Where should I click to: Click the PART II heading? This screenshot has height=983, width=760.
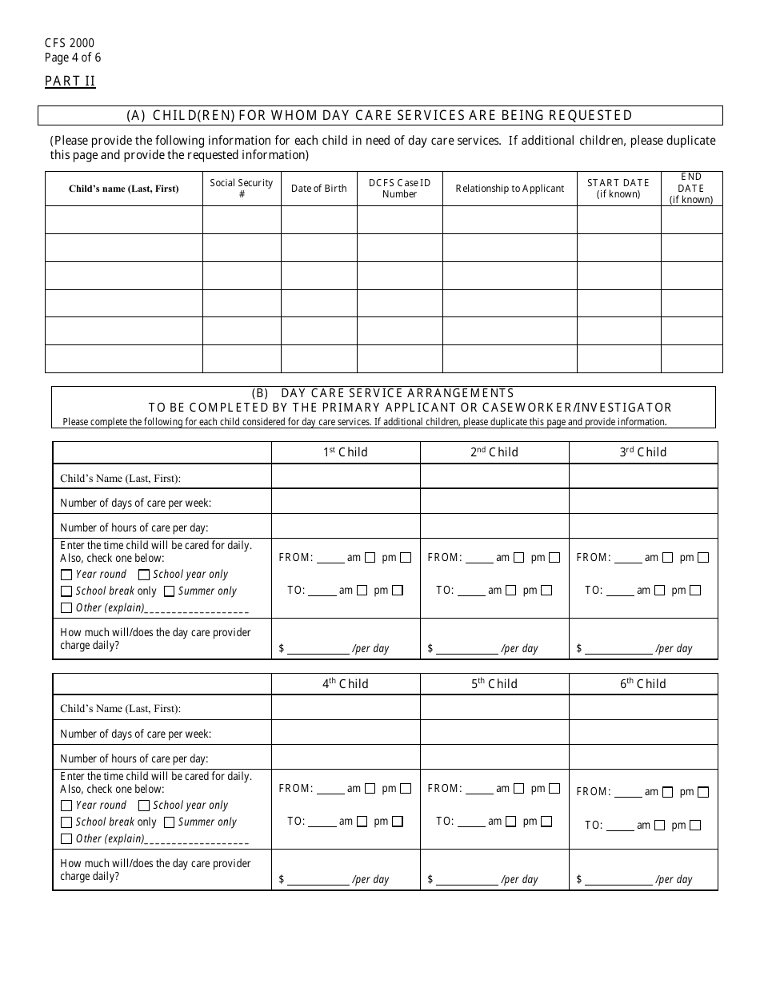(x=70, y=81)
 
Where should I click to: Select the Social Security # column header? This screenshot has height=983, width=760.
(x=242, y=189)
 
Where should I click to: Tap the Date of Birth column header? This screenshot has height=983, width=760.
(x=318, y=189)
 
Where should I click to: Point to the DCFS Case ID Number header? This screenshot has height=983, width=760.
(x=399, y=189)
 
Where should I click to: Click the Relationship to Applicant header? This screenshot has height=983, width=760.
(x=510, y=189)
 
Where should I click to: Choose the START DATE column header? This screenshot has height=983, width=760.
(x=618, y=189)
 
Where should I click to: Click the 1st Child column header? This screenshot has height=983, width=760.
(x=346, y=452)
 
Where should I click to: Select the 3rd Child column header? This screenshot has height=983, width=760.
(x=643, y=452)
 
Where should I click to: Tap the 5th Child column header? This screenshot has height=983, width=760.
(x=494, y=684)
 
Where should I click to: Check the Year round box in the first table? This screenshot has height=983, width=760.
(x=66, y=575)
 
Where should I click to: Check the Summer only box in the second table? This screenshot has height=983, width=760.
(x=169, y=822)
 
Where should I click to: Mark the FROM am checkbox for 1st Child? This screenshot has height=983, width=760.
(x=370, y=558)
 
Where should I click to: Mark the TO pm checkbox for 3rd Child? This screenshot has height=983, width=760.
(x=695, y=591)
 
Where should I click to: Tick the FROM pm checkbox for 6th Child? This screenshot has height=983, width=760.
(x=703, y=792)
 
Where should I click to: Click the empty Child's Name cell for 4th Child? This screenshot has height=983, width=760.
(x=346, y=708)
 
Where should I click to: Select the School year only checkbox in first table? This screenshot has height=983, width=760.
(x=144, y=575)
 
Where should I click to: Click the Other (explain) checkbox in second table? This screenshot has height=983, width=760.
(x=66, y=839)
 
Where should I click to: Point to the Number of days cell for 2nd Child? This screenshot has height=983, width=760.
(x=494, y=502)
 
